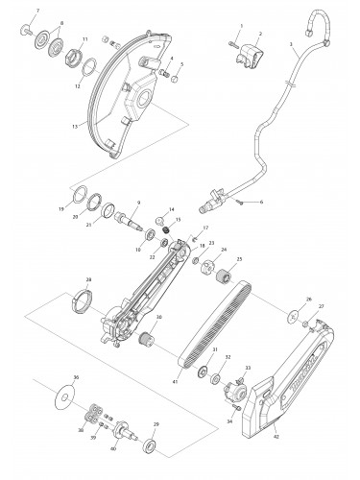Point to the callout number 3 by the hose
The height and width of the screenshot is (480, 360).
(x=290, y=44)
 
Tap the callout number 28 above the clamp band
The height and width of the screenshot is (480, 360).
(x=88, y=280)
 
